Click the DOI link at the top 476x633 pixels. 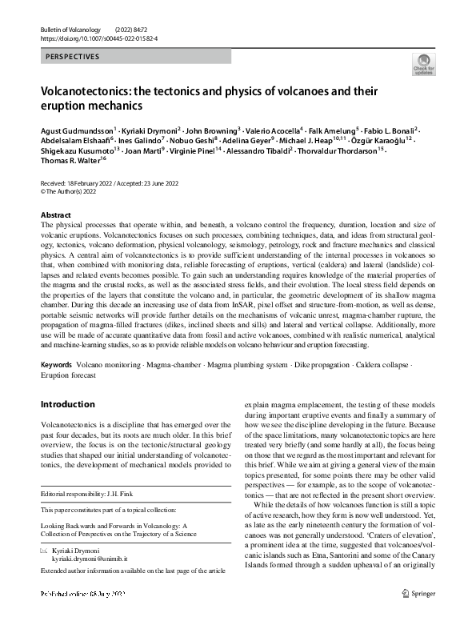click(x=98, y=38)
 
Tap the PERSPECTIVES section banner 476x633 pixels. click(x=73, y=58)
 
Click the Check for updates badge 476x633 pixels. click(x=423, y=64)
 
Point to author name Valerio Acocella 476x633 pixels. click(x=270, y=130)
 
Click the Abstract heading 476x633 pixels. click(x=56, y=215)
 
